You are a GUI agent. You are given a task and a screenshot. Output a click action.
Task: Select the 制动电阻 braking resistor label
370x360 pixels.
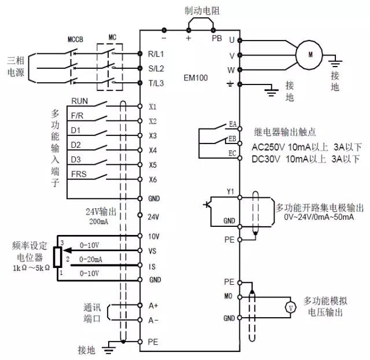click(200, 9)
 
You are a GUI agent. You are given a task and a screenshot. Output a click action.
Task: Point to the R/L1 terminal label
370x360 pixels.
click(156, 54)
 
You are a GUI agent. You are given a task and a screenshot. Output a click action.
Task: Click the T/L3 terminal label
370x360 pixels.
click(156, 83)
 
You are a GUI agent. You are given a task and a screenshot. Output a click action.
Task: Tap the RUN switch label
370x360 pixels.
click(80, 101)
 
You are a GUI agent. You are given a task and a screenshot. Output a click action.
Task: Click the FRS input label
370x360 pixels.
click(79, 174)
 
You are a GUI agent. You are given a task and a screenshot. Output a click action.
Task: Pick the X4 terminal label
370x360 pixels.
click(153, 150)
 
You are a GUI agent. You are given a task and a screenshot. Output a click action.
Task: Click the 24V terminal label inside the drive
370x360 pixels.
click(153, 218)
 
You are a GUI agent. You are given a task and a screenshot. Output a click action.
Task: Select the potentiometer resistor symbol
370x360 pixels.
click(57, 257)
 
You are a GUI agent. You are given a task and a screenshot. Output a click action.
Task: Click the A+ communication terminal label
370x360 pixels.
click(153, 305)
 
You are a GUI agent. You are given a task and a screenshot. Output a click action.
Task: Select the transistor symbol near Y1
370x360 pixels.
click(209, 205)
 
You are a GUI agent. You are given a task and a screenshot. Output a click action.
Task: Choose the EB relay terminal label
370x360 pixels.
click(232, 139)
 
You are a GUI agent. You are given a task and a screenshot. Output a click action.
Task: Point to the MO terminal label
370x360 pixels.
click(229, 295)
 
